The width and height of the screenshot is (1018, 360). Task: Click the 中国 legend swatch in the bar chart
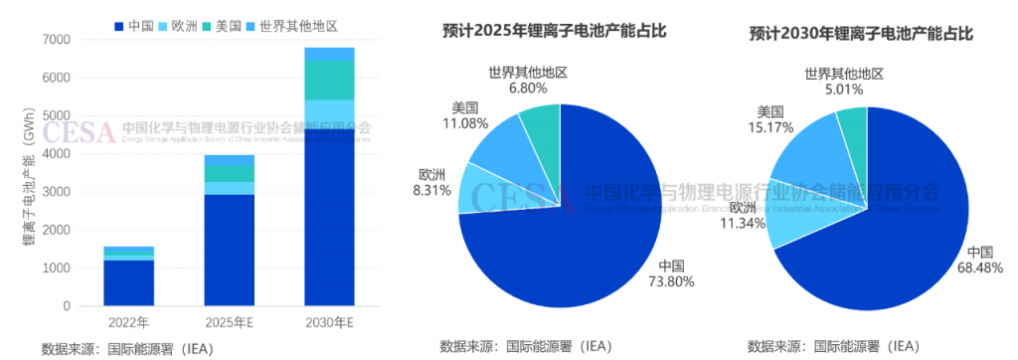119,24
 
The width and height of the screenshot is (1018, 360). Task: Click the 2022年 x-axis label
129,322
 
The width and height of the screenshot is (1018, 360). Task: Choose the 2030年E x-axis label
329,322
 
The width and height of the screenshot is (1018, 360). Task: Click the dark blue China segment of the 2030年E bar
329,219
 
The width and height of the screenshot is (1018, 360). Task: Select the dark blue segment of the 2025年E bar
230,249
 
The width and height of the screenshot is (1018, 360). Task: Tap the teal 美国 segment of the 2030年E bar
329,80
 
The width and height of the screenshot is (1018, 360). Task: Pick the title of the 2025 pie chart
554,31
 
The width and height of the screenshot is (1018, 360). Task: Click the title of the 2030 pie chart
861,33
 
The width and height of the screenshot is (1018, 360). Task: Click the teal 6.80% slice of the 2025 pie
541,125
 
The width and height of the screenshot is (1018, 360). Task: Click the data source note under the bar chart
127,348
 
